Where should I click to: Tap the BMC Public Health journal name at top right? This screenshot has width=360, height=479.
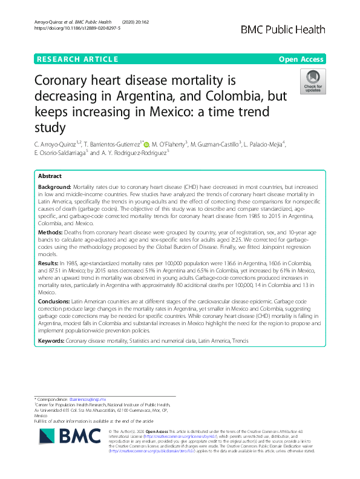(x=292, y=29)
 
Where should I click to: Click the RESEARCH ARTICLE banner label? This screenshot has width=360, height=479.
(x=77, y=59)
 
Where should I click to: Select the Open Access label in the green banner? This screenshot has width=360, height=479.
(x=302, y=59)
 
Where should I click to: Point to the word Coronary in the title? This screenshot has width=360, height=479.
(x=64, y=81)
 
